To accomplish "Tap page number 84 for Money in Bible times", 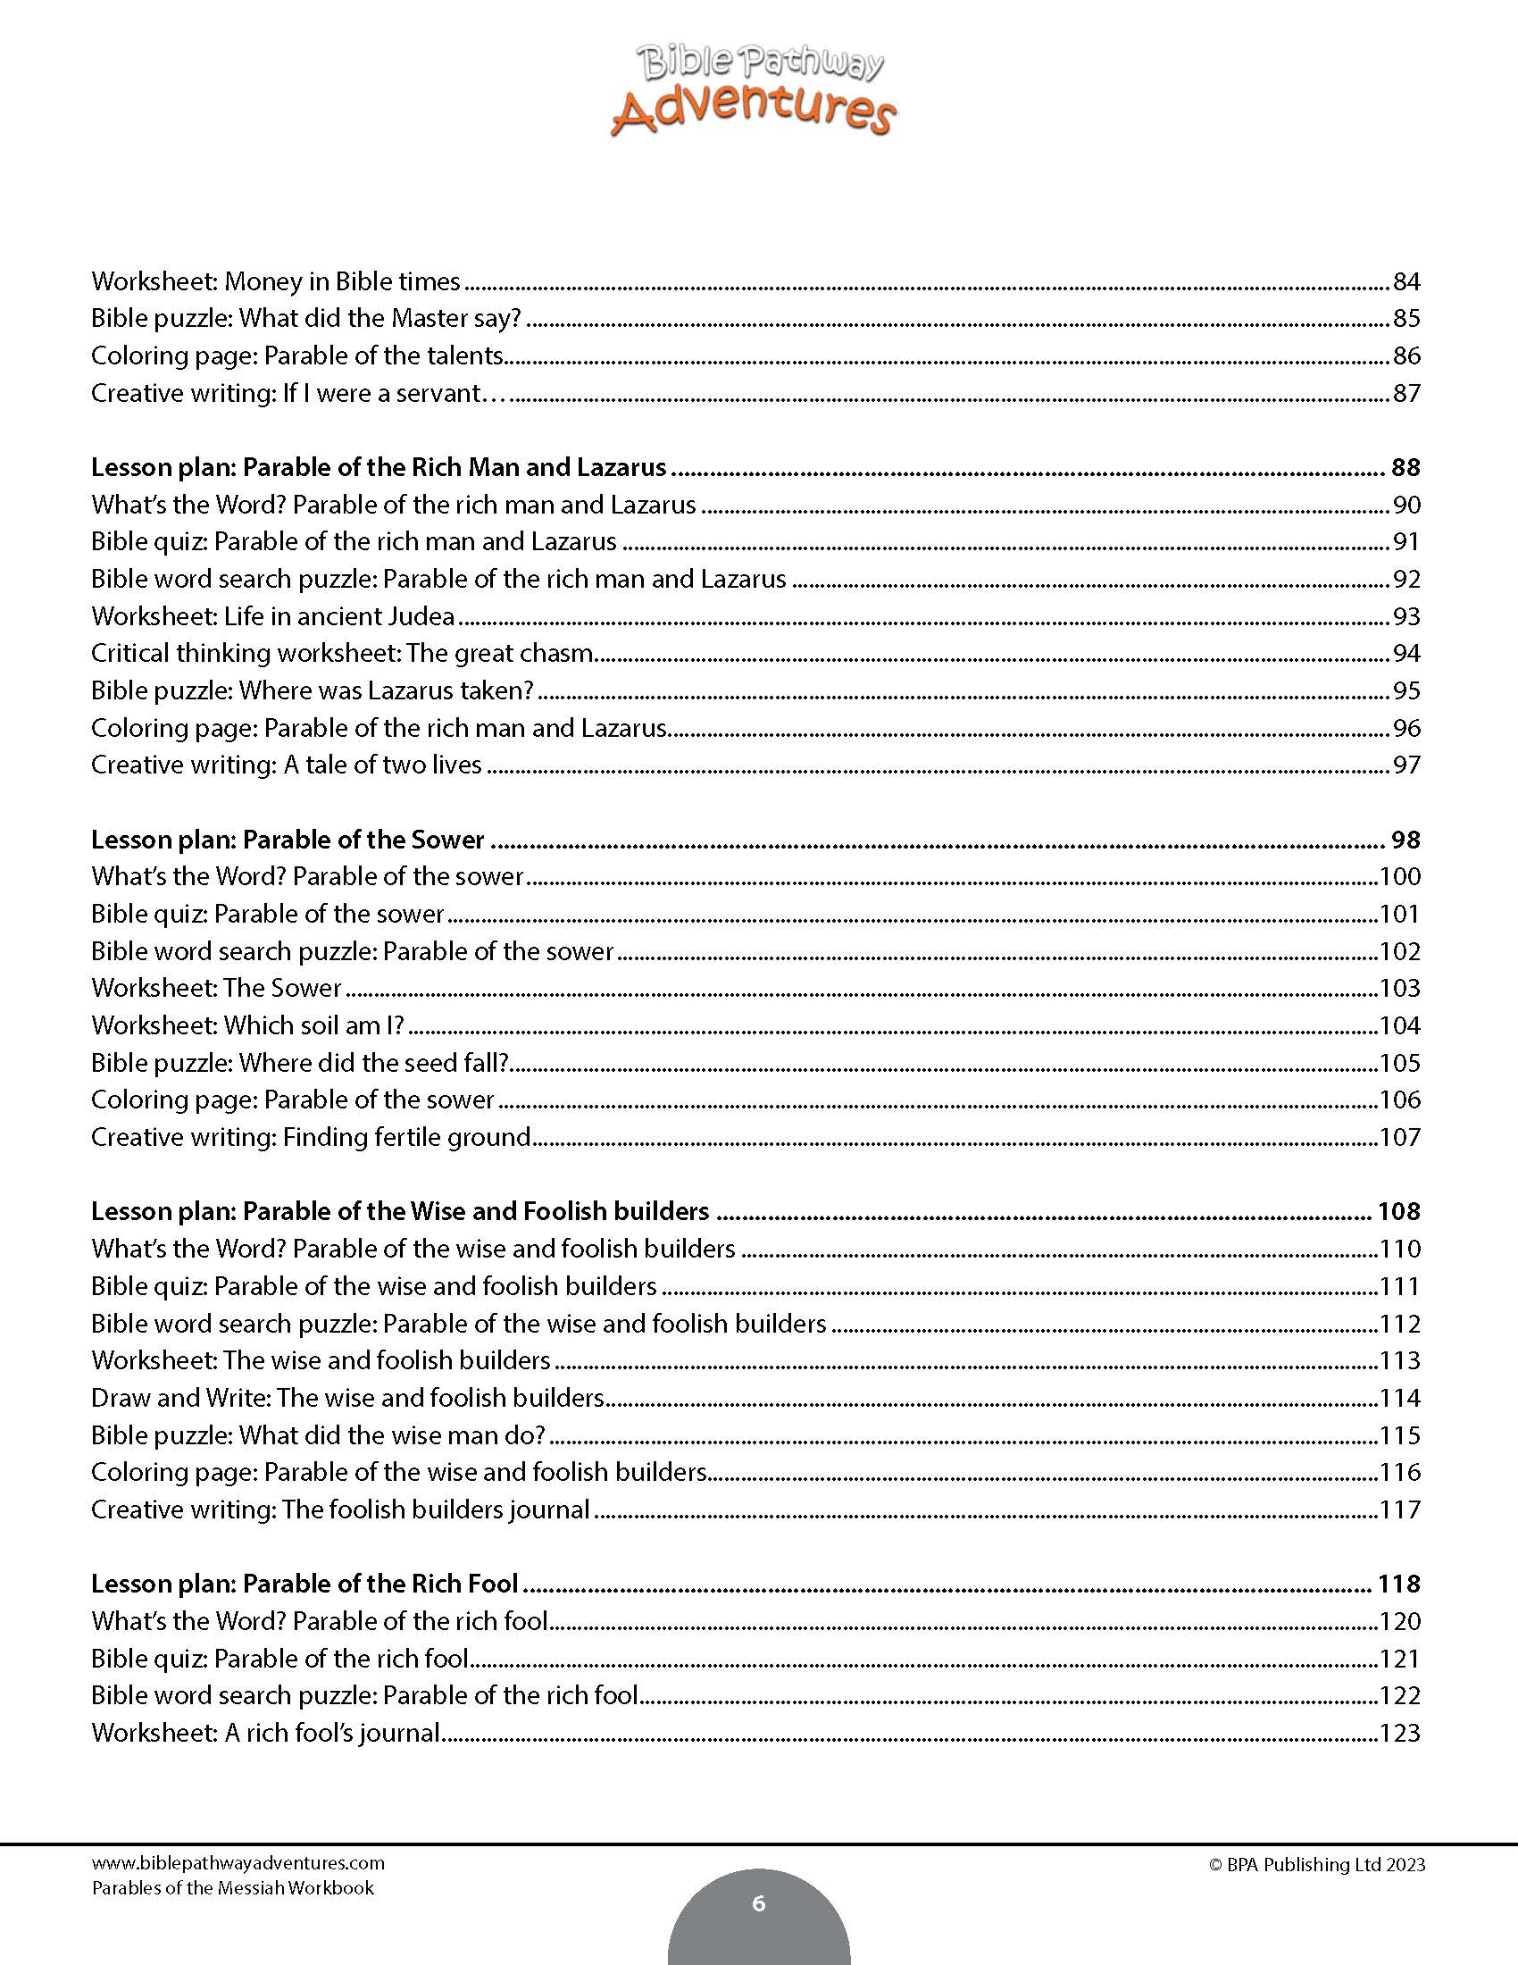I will click(1405, 281).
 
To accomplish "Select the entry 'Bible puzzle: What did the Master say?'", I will click(305, 319).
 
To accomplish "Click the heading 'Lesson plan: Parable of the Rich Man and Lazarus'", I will click(379, 467).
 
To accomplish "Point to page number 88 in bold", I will click(1405, 467).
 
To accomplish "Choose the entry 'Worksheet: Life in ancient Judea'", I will click(272, 616).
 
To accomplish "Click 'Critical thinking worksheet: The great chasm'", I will click(342, 653).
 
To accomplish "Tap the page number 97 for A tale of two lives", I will click(1405, 765).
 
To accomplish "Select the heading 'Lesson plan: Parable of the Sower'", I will click(288, 840).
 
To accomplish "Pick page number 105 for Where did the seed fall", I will click(1399, 1063).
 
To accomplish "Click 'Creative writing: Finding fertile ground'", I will click(311, 1137).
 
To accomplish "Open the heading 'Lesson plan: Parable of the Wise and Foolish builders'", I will click(400, 1211).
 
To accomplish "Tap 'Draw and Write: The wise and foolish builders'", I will click(347, 1397).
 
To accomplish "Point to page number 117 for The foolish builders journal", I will click(1399, 1509).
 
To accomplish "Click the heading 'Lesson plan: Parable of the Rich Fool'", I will click(304, 1584).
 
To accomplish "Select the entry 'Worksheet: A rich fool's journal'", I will click(265, 1732).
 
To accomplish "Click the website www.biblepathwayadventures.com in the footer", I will click(238, 1863).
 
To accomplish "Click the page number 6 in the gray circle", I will click(758, 1902).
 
